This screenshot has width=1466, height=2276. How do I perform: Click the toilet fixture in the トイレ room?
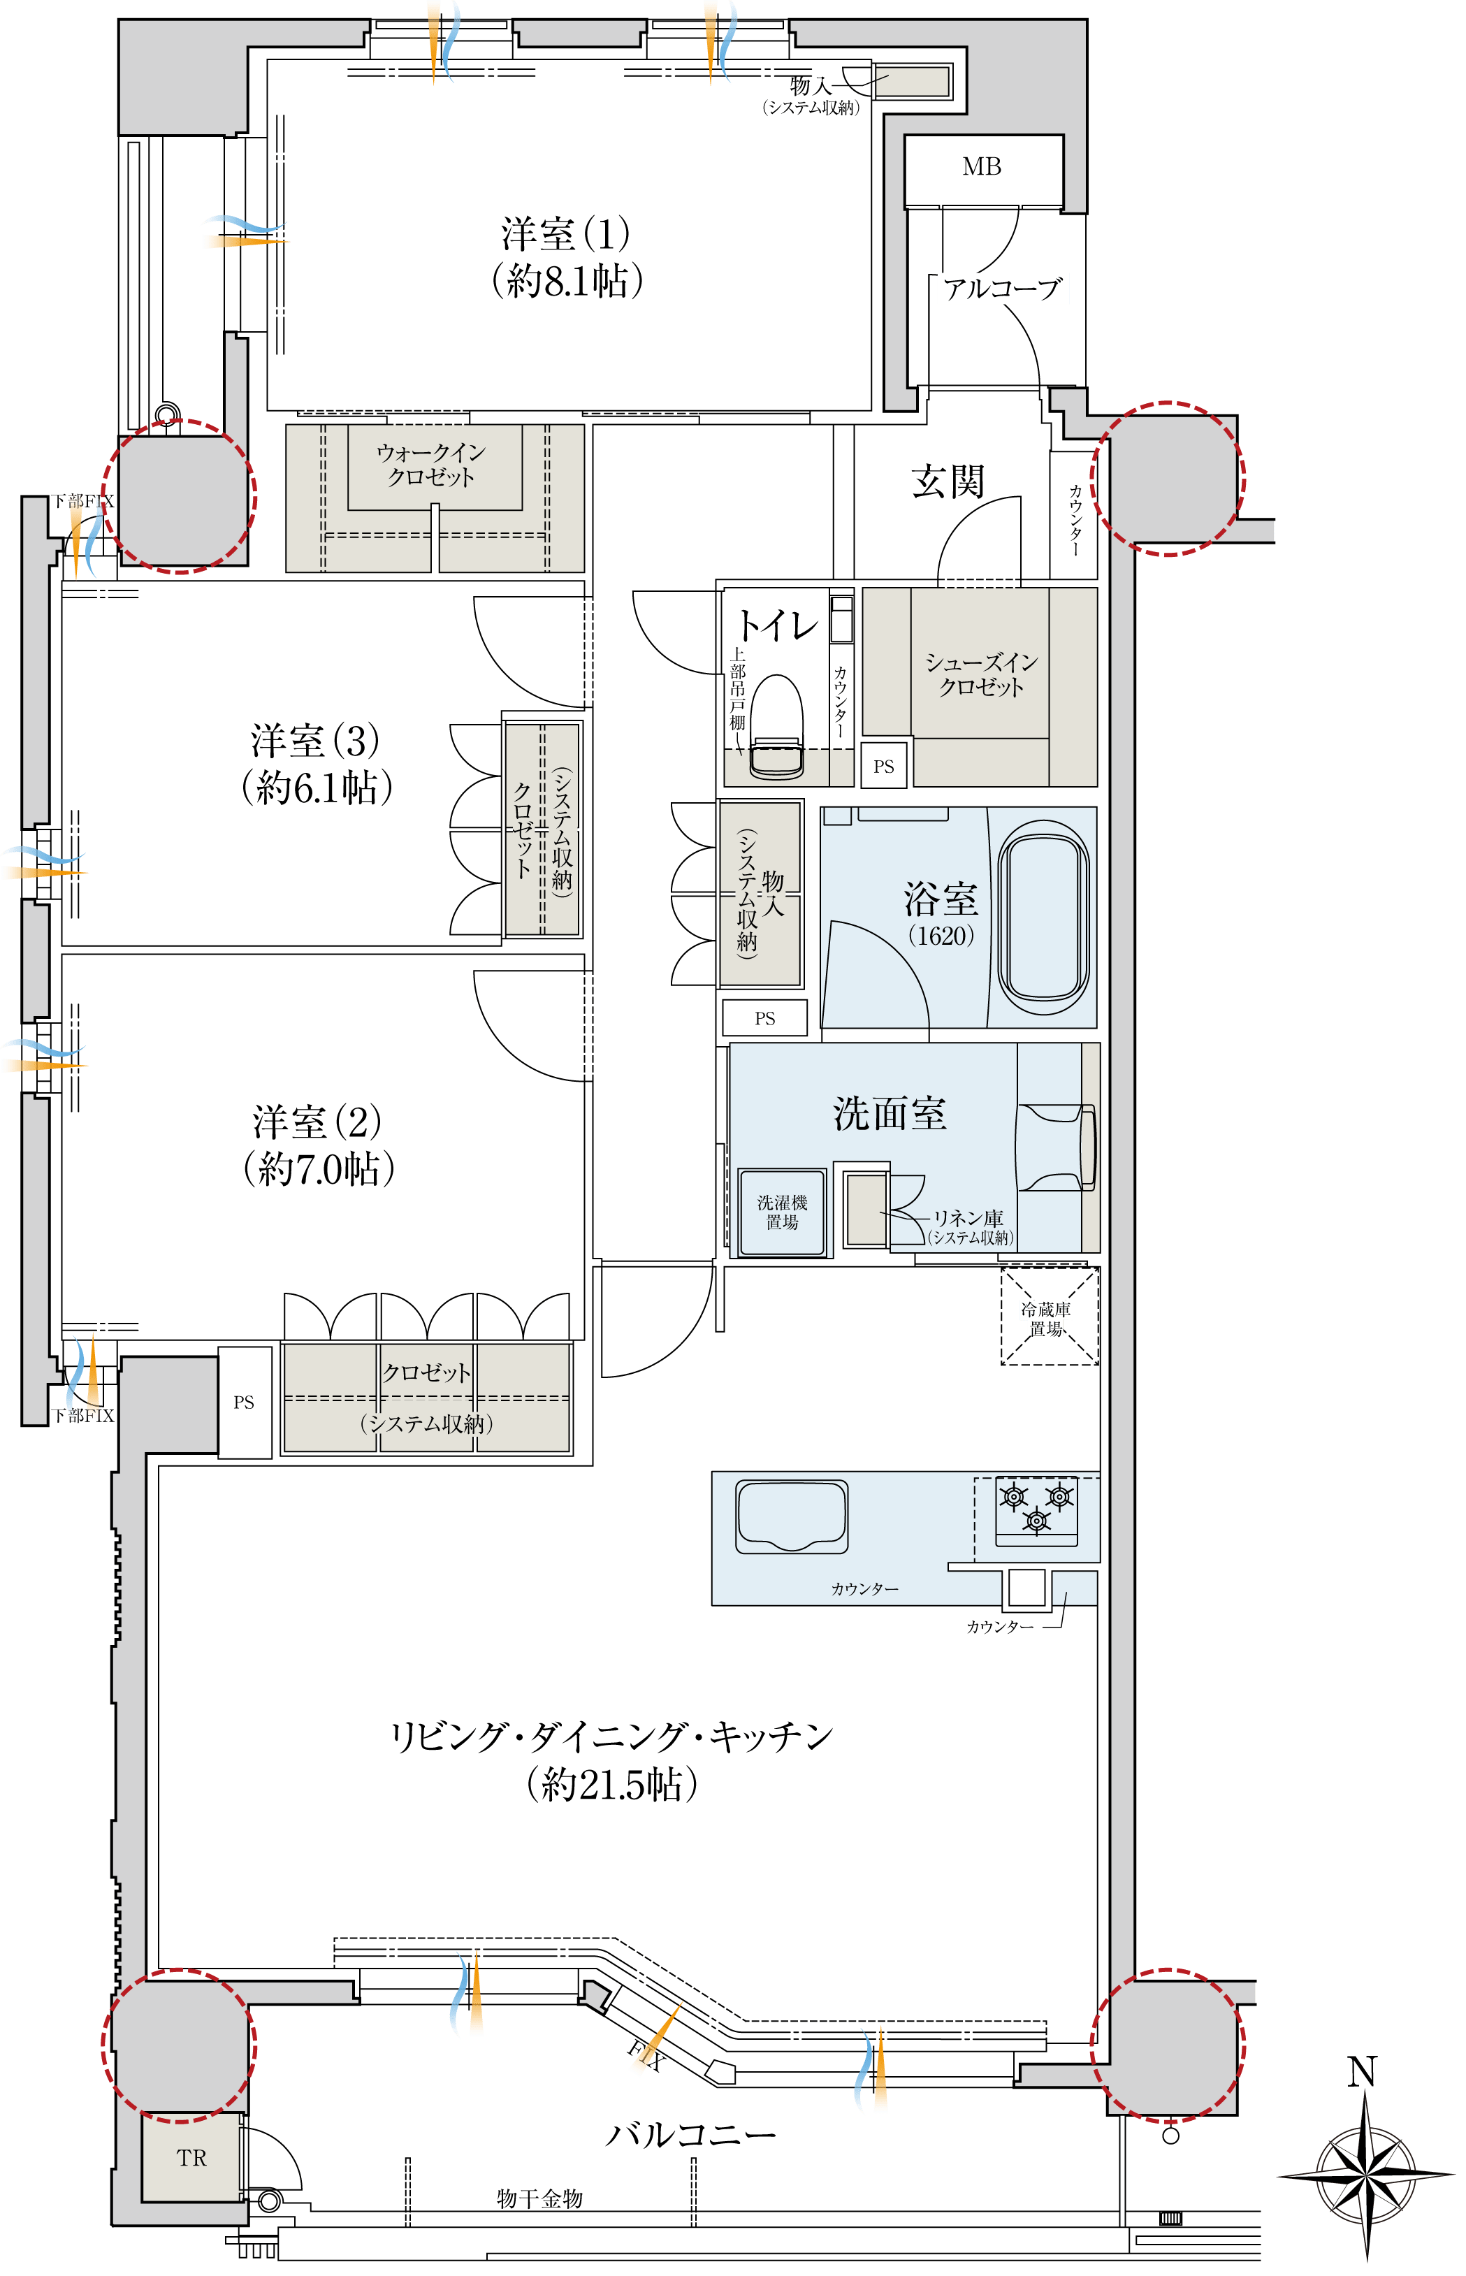coord(777,727)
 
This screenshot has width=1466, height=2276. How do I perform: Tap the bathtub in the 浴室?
coord(1043,920)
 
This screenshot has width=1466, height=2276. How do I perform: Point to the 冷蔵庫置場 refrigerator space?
coord(1049,1317)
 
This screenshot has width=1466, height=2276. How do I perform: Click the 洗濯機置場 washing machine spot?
coord(783,1212)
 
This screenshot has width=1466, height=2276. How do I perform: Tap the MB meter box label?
coord(982,166)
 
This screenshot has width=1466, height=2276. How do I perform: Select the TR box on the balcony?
coord(191,2157)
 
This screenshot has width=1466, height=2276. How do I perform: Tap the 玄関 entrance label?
coord(948,481)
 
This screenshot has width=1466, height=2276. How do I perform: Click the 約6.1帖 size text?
coord(317,788)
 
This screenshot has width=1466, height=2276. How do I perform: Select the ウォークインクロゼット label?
coord(431,465)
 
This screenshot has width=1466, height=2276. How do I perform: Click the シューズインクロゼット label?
coord(982,674)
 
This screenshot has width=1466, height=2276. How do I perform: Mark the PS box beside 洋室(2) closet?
coord(244,1402)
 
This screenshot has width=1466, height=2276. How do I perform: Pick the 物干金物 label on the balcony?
coord(539,2198)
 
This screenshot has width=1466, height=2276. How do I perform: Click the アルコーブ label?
coord(1003,289)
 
